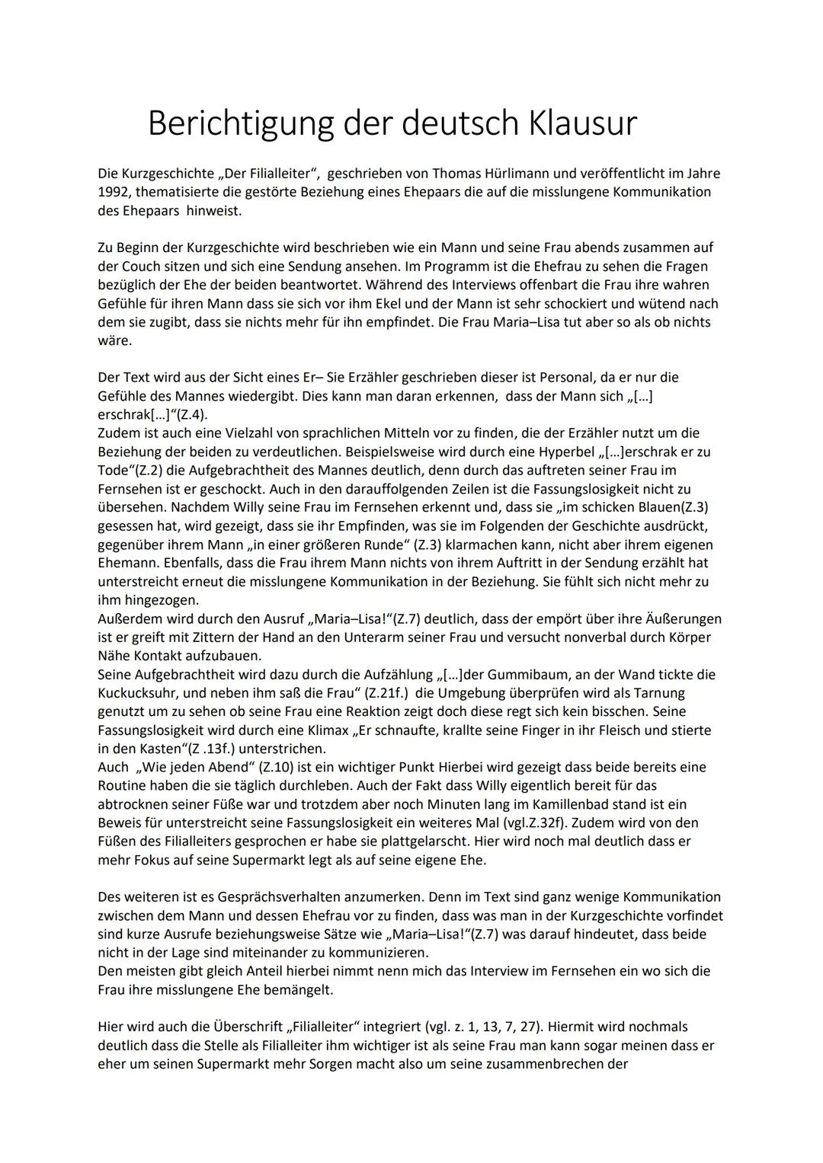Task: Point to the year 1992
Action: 113,192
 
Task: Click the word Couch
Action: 140,267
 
